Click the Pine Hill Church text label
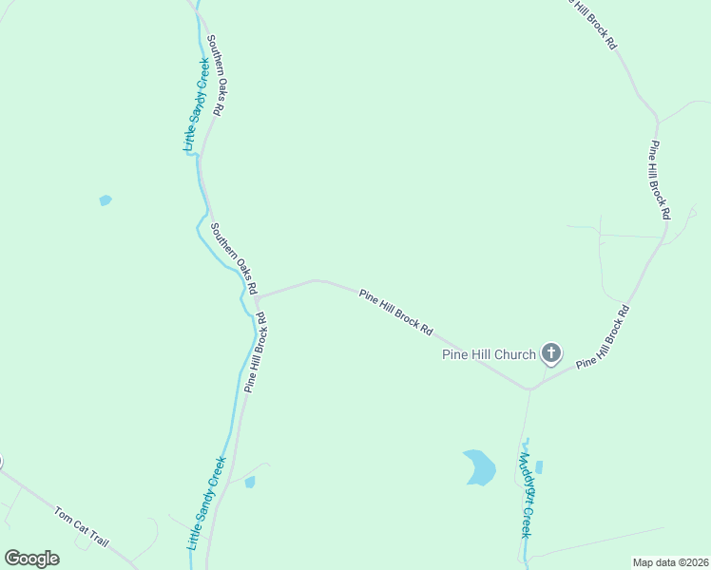pyautogui.click(x=490, y=355)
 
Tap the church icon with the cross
pyautogui.click(x=550, y=354)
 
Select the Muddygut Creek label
pyautogui.click(x=526, y=493)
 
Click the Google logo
pyautogui.click(x=31, y=559)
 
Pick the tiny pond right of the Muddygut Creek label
pyautogui.click(x=539, y=467)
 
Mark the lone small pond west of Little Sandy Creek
pyautogui.click(x=105, y=200)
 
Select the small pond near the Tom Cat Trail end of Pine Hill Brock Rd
pyautogui.click(x=250, y=482)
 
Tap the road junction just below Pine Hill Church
pyautogui.click(x=530, y=389)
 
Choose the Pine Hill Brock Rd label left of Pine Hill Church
pyautogui.click(x=396, y=313)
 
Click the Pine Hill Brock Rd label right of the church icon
pyautogui.click(x=602, y=336)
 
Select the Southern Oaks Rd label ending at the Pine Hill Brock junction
pyautogui.click(x=234, y=256)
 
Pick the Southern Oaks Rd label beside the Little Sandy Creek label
pyautogui.click(x=215, y=76)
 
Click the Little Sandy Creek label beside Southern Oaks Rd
pyautogui.click(x=195, y=104)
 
